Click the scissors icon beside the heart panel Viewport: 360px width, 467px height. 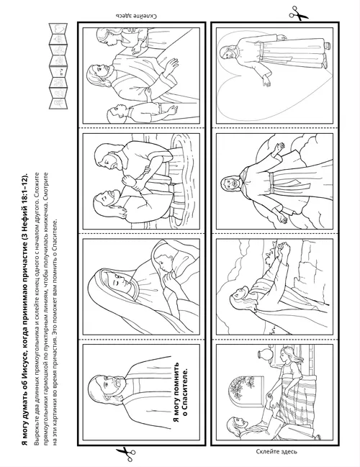pyautogui.click(x=298, y=14)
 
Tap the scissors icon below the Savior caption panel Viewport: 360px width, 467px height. pyautogui.click(x=127, y=454)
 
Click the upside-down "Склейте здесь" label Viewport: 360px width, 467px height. pyautogui.click(x=135, y=16)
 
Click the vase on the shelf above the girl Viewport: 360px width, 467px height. pyautogui.click(x=264, y=355)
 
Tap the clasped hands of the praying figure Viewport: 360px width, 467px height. pyautogui.click(x=283, y=249)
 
